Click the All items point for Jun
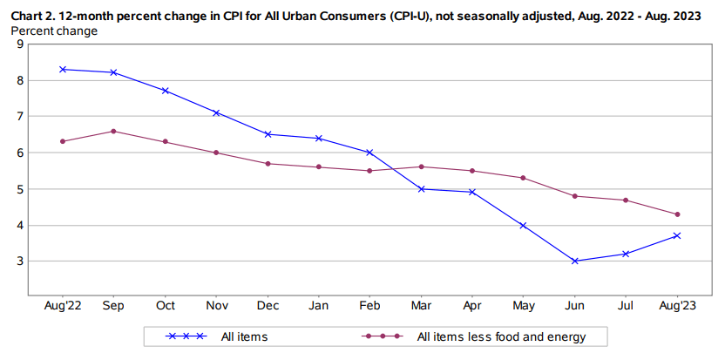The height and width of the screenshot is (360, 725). (574, 261)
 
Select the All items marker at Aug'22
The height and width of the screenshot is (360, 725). (63, 69)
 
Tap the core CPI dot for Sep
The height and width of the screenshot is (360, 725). (114, 131)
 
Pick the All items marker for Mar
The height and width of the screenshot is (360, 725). (421, 188)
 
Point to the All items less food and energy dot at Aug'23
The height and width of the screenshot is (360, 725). (677, 214)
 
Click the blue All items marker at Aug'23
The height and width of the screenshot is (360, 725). (677, 235)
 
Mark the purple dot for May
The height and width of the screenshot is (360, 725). (523, 178)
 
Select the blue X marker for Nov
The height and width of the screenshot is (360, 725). (216, 112)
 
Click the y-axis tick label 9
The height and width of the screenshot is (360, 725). (19, 44)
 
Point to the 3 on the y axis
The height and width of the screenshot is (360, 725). (19, 262)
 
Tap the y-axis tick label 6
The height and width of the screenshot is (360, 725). (19, 153)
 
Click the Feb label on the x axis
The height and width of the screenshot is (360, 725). (369, 307)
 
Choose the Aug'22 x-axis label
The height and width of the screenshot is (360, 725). (63, 307)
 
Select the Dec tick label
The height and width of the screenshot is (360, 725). (268, 307)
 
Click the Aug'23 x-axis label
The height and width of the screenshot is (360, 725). (677, 307)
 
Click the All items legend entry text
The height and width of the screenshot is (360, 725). (243, 336)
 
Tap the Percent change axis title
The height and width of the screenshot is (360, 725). (54, 31)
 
